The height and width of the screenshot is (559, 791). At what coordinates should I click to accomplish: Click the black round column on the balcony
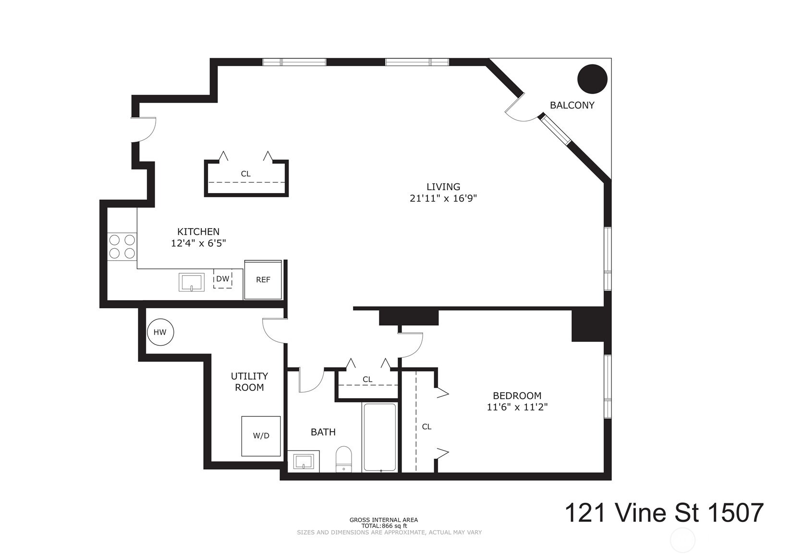[x=592, y=79]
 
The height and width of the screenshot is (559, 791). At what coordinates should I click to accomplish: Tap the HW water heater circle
[x=160, y=332]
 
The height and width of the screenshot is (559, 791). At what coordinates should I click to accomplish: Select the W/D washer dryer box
[x=261, y=436]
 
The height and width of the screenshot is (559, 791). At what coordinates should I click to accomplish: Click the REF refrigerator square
[x=263, y=280]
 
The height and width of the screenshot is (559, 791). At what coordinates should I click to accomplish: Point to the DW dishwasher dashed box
[x=222, y=279]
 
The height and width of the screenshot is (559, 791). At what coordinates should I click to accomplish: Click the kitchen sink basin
[x=192, y=282]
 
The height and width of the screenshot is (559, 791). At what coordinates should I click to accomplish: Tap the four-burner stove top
[x=122, y=246]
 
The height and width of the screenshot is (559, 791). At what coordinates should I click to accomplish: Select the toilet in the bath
[x=343, y=459]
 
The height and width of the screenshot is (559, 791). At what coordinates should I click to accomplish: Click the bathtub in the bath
[x=380, y=437]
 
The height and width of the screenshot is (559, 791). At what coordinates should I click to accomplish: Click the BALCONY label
[x=572, y=105]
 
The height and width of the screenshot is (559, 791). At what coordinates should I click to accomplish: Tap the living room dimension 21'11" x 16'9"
[x=443, y=198]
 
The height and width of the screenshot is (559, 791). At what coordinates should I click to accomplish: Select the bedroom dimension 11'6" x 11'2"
[x=517, y=407]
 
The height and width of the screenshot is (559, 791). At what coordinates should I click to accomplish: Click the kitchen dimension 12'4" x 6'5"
[x=198, y=243]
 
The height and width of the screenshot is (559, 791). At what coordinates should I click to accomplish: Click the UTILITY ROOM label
[x=249, y=382]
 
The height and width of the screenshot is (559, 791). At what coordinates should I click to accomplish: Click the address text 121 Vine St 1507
[x=664, y=513]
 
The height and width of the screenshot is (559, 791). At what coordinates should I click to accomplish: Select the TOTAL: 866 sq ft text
[x=384, y=526]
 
